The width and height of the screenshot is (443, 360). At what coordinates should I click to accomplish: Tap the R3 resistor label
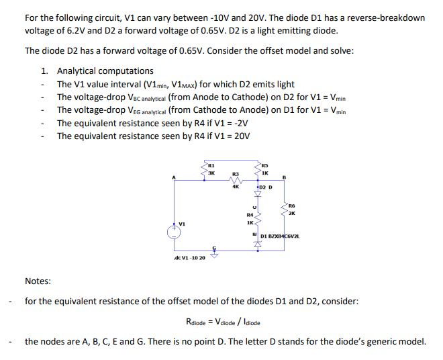pos(235,173)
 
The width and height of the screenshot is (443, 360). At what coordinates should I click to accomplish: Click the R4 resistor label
pos(250,214)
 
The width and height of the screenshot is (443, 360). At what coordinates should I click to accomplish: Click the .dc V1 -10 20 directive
pos(189,258)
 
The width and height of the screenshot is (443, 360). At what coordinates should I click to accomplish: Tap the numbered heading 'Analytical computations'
pos(105,71)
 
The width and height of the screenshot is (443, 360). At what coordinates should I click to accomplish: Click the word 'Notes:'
pos(38,281)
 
